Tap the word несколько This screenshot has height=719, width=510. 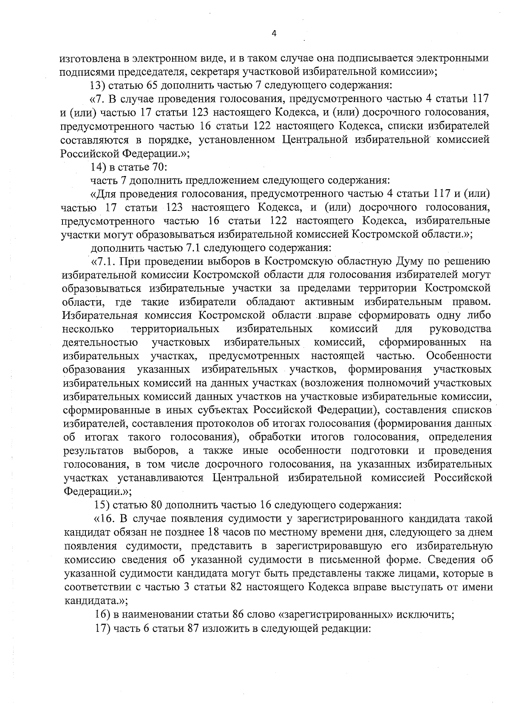[88, 329]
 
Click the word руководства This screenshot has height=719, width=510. [460, 329]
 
